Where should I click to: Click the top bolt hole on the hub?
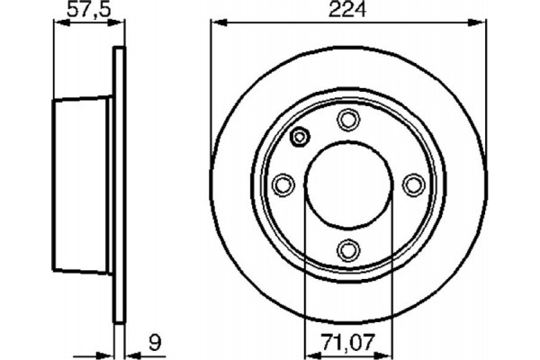pos(346,119)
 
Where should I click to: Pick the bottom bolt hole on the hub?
pos(346,249)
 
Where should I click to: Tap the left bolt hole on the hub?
pos(282,184)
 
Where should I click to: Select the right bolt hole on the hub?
pos(412,184)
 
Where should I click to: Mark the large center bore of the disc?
pos(346,184)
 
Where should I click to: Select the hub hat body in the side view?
pos(81,184)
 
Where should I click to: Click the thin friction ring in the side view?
pos(116,184)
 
